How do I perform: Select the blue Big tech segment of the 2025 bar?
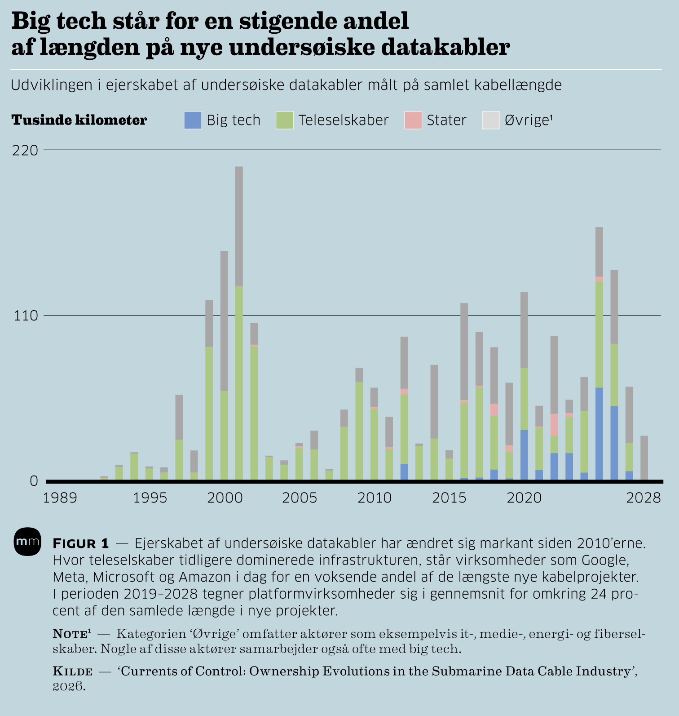pos(599,434)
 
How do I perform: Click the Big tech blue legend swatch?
pos(193,120)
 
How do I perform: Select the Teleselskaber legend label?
pos(343,120)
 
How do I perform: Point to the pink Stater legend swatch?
pos(413,120)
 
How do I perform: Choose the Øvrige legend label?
pos(528,120)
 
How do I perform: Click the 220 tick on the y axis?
pos(25,150)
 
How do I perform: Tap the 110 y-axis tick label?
pos(25,316)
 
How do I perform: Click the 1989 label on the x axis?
pos(60,498)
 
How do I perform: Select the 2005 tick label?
pos(300,498)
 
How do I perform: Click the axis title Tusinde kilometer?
pos(79,120)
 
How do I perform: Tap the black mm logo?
pos(27,542)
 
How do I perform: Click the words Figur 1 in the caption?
pos(81,543)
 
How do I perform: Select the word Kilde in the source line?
pos(73,672)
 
